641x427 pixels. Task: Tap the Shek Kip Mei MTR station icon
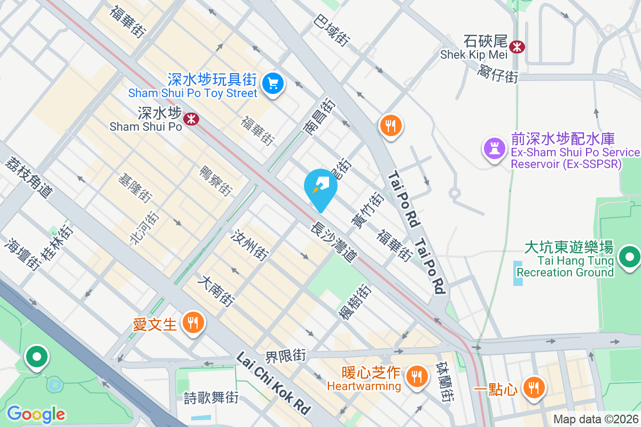(517, 46)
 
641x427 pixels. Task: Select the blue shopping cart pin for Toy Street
(273, 84)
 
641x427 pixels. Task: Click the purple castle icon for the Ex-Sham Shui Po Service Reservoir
(495, 147)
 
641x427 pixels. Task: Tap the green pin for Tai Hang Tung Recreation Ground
(629, 257)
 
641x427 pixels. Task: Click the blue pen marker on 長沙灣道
(320, 187)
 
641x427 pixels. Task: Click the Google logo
(36, 414)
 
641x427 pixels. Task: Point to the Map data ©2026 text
(596, 420)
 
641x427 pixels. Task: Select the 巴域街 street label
(332, 31)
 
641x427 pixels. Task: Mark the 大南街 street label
(216, 291)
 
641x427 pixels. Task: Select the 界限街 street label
(286, 355)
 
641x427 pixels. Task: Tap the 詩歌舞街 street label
(210, 398)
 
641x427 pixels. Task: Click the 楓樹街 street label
(355, 302)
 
